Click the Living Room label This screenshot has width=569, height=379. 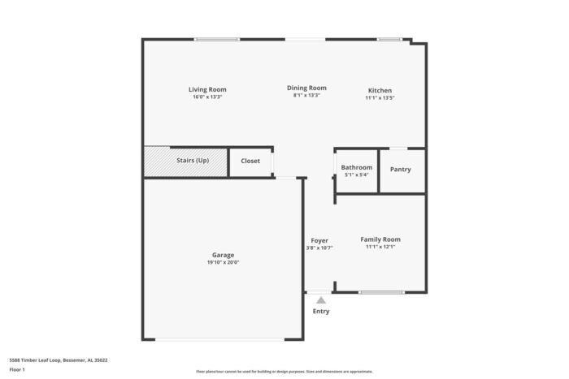207,89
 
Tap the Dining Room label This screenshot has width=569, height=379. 306,88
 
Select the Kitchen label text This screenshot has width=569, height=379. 380,90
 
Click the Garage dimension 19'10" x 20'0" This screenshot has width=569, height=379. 223,262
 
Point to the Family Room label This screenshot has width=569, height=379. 380,239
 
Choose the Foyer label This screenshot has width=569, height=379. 319,240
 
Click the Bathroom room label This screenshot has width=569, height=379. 356,167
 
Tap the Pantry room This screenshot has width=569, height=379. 400,170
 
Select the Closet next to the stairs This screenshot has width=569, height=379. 250,161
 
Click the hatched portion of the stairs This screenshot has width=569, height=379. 156,161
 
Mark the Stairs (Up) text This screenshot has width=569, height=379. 193,161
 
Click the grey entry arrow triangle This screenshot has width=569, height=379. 321,300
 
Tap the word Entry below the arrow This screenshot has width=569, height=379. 321,311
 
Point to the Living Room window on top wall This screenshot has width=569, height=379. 216,39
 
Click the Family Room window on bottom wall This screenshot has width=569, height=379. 381,292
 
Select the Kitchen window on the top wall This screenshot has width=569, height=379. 389,39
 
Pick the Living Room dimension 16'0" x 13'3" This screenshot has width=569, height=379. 207,97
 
